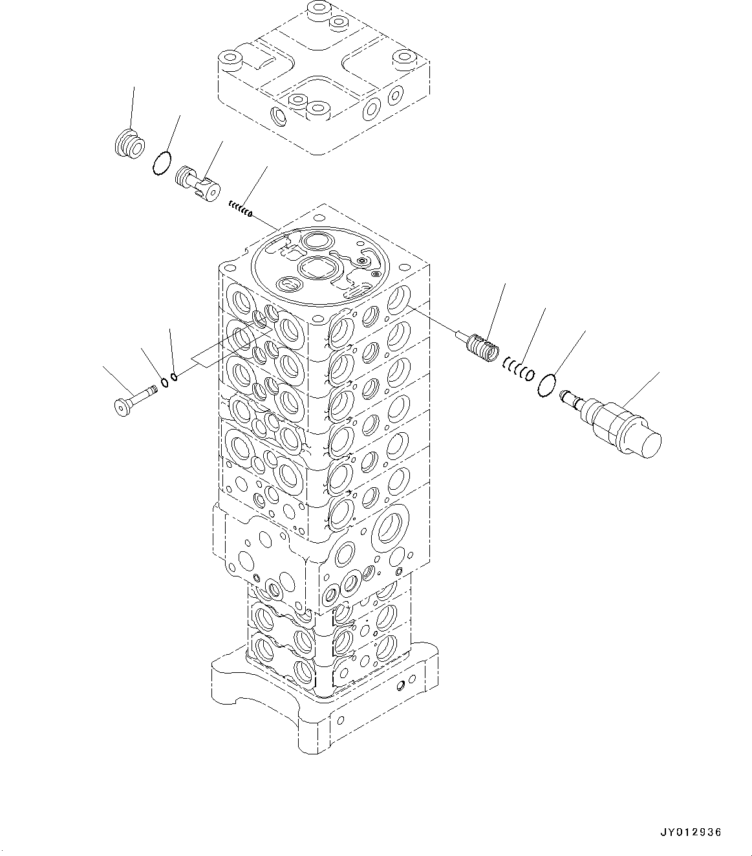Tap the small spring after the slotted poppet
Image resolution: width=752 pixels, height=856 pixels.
point(239,209)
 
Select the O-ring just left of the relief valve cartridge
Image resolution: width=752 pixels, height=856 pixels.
point(547,386)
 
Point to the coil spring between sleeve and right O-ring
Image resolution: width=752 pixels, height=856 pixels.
point(519,369)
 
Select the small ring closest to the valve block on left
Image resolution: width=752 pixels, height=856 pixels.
point(175,378)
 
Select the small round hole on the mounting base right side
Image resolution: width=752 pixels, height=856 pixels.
point(403,684)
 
